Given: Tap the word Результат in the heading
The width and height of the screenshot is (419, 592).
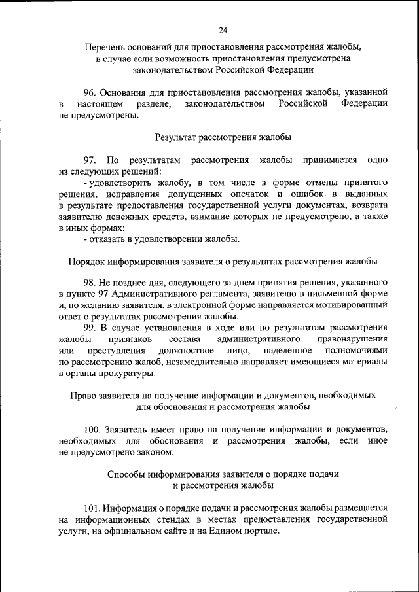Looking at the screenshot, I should (177, 137).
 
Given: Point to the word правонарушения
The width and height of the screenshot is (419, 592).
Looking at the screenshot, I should (352, 338).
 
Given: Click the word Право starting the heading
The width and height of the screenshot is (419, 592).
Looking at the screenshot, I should (84, 396).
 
